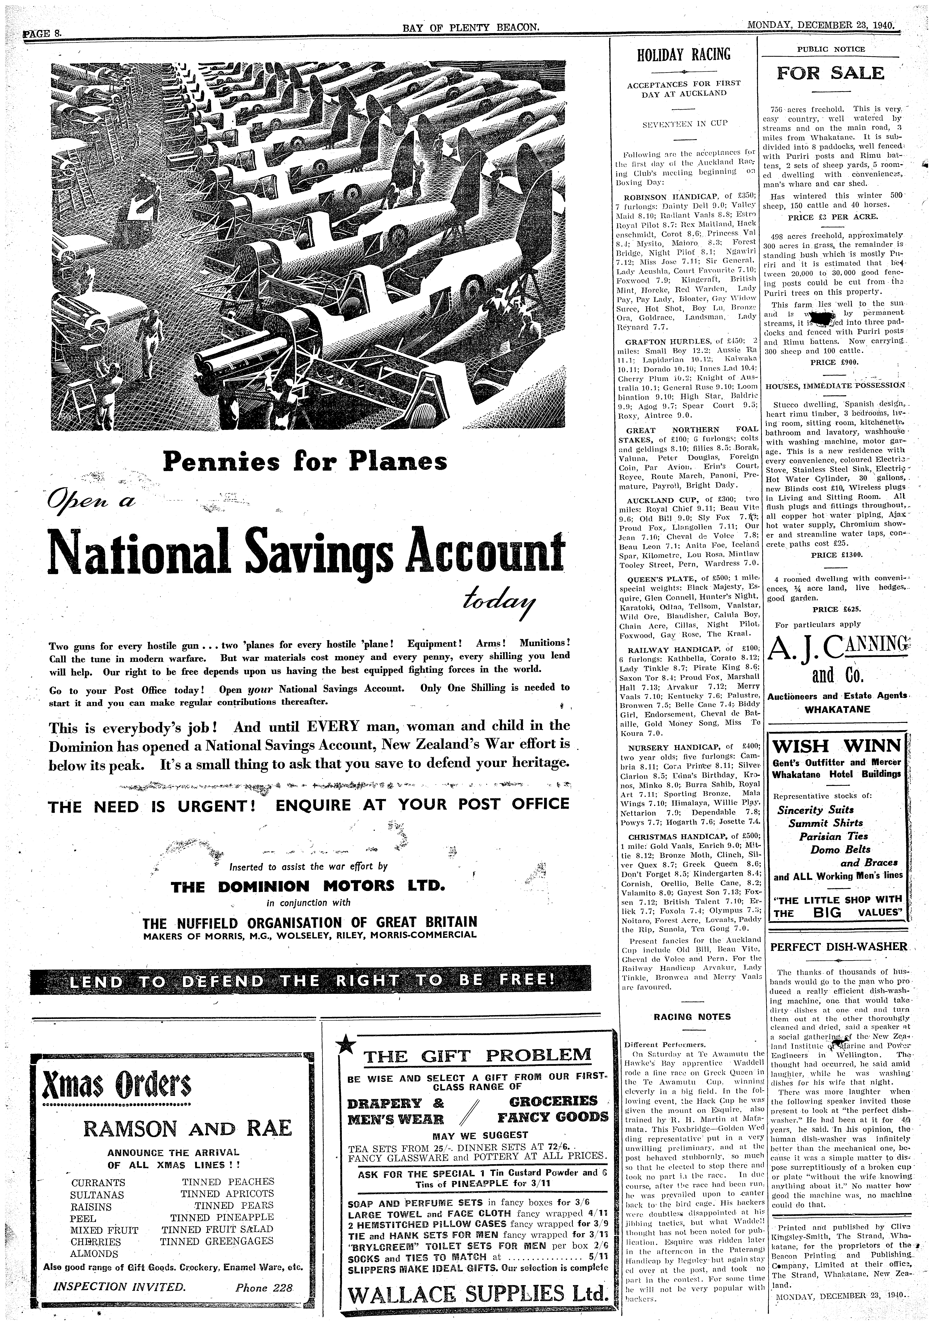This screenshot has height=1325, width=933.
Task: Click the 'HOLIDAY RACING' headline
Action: click(x=684, y=55)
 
